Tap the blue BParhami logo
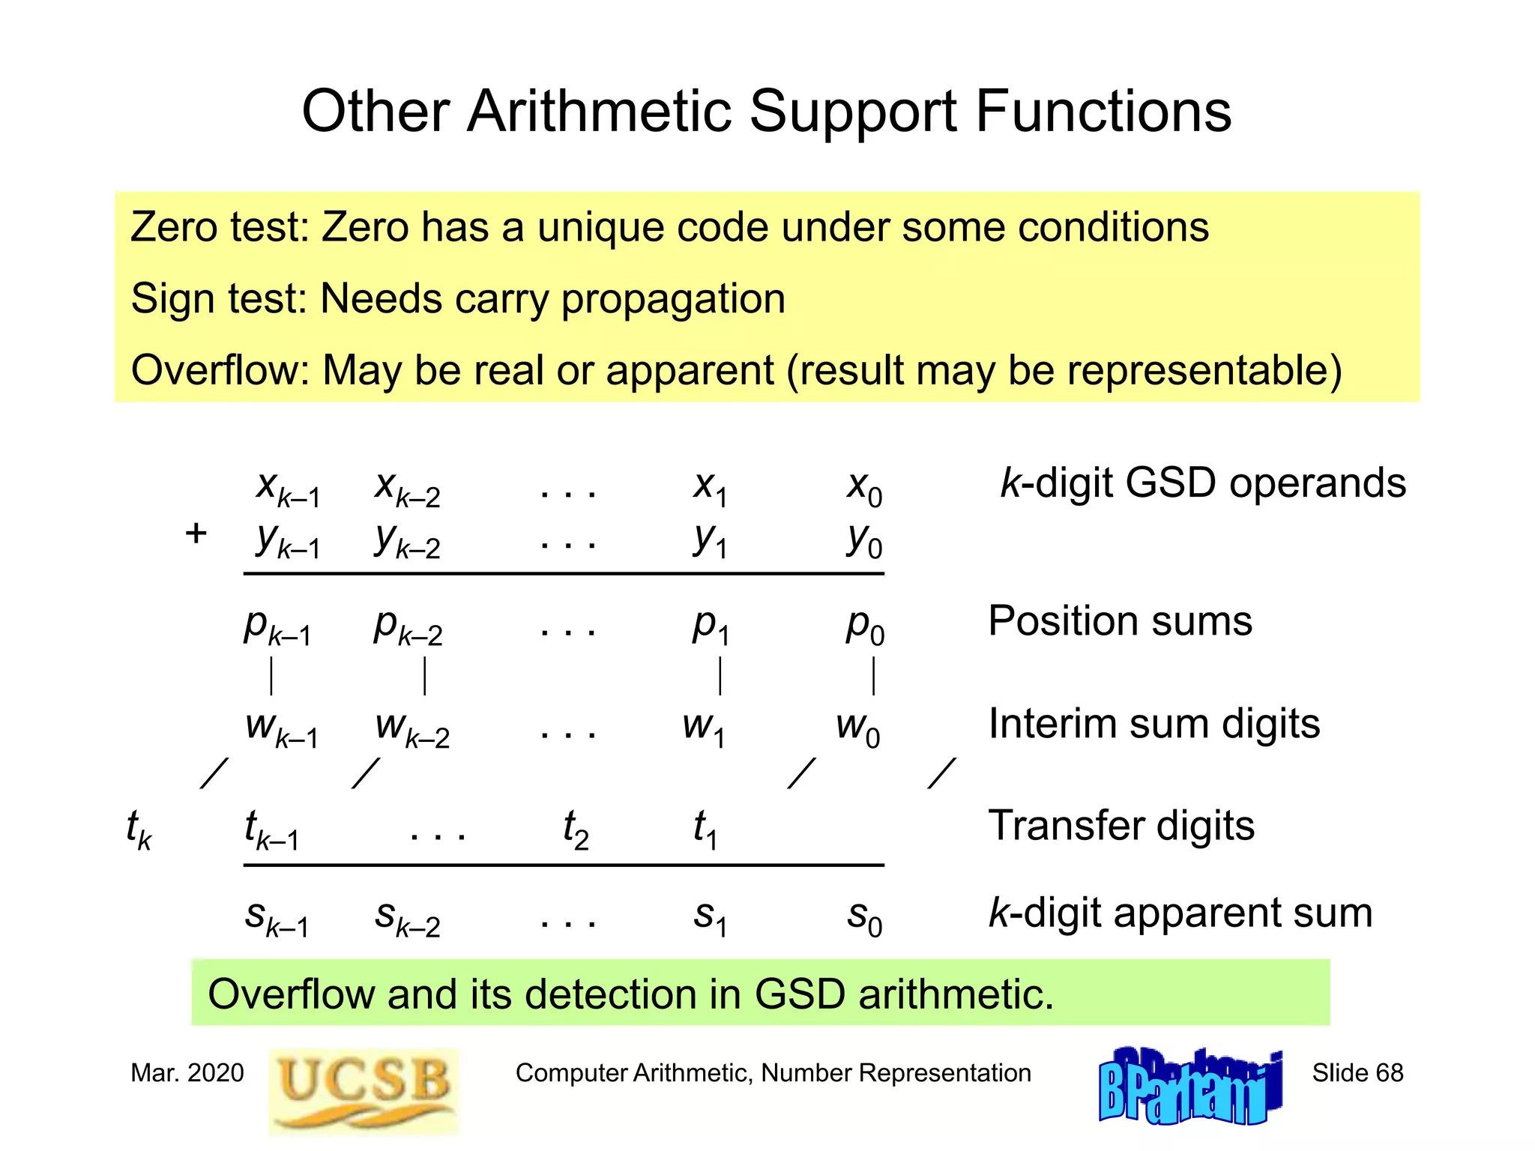coord(1190,1087)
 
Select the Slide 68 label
coord(1357,1073)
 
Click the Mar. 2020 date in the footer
coord(187,1073)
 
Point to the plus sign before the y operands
coord(196,534)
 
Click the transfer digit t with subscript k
coord(139,829)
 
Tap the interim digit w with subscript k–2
coord(411,728)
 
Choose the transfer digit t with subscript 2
coord(576,829)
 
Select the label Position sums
coord(1120,620)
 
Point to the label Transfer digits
coord(1121,826)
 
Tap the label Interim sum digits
coord(1154,724)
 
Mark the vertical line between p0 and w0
coord(873,676)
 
